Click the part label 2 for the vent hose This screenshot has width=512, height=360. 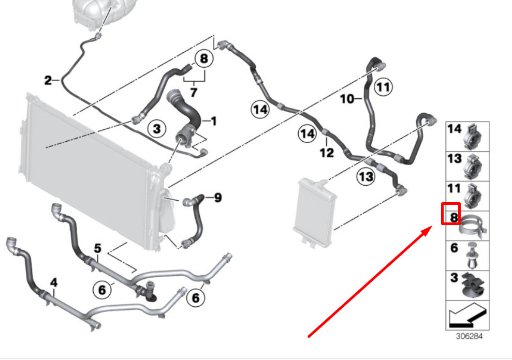48,80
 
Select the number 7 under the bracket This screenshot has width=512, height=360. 194,93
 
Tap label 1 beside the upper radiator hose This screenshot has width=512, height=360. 214,122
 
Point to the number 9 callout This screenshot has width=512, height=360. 218,198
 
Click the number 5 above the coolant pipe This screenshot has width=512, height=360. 98,248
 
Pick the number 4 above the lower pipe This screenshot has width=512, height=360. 54,282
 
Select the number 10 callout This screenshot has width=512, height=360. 347,99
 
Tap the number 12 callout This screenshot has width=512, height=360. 327,153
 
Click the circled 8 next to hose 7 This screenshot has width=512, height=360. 204,59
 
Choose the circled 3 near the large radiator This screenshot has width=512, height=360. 157,129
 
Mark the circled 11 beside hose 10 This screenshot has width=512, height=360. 383,87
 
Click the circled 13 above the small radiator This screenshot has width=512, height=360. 365,176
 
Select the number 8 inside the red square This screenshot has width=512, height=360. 454,217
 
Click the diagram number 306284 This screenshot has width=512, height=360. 469,336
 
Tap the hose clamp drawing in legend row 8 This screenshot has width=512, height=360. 473,226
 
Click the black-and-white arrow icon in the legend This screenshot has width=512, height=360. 467,316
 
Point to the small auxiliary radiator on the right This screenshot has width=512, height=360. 315,212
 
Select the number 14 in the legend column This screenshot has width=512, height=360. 455,129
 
